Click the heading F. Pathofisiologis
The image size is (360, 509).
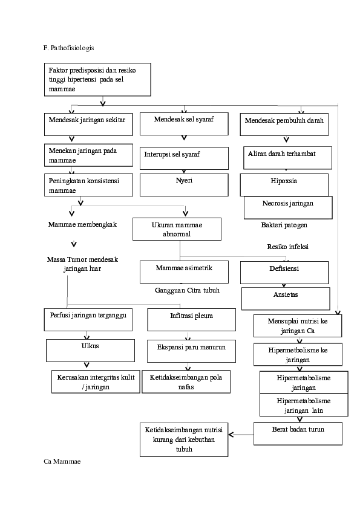[x=68, y=47]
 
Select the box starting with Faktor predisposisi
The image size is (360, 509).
[x=97, y=80]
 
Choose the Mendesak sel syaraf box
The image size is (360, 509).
[x=184, y=123]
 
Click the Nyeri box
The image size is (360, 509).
[x=184, y=184]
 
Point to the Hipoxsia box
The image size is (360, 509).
[x=284, y=185]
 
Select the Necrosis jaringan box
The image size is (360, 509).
[x=287, y=207]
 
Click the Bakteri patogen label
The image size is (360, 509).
[x=284, y=225]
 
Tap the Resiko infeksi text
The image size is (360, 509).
[x=288, y=247]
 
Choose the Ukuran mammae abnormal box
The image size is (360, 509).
[x=177, y=229]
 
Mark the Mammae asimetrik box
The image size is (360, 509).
[x=184, y=271]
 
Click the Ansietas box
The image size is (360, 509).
[x=286, y=298]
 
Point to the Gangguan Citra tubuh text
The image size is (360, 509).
[x=186, y=290]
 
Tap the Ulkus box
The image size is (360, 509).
[x=90, y=350]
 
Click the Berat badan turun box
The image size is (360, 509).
[x=298, y=433]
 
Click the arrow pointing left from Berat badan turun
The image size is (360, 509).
[x=241, y=434]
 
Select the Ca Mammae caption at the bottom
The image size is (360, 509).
[x=62, y=461]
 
